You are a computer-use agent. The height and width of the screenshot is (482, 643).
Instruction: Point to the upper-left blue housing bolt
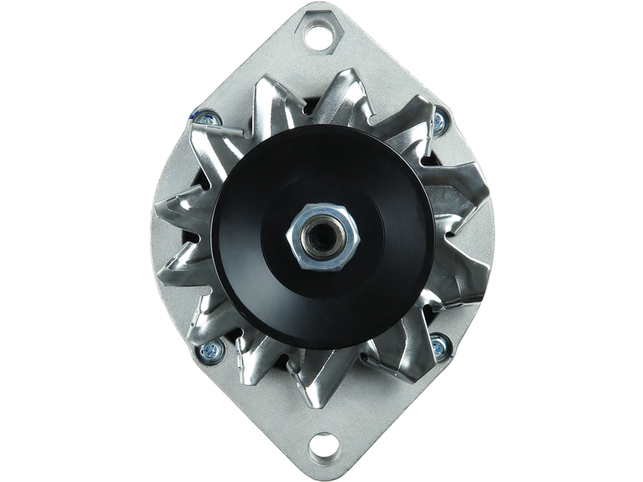(204, 119)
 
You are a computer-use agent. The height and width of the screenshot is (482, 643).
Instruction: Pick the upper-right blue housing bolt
(439, 122)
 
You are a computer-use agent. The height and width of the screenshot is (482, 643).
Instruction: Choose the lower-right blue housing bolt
(439, 347)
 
